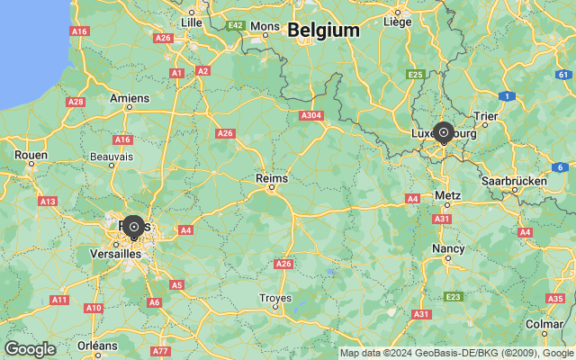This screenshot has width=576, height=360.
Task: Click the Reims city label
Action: pyautogui.click(x=272, y=179)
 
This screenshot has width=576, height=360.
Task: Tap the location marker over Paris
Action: pyautogui.click(x=134, y=227)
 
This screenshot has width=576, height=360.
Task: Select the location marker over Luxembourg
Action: pyautogui.click(x=443, y=132)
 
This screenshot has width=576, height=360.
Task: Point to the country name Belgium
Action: pyautogui.click(x=323, y=30)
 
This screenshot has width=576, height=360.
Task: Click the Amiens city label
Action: pyautogui.click(x=130, y=98)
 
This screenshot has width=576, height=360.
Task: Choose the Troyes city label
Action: pyautogui.click(x=274, y=298)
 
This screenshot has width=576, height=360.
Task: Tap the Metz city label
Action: pyautogui.click(x=447, y=195)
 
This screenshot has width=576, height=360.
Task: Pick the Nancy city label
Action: pyautogui.click(x=448, y=247)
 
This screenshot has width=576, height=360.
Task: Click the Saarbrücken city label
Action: pyautogui.click(x=514, y=181)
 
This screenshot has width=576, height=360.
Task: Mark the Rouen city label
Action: pyautogui.click(x=31, y=155)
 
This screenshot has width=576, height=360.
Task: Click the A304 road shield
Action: pyautogui.click(x=311, y=115)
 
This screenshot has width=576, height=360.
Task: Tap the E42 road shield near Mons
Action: pyautogui.click(x=237, y=25)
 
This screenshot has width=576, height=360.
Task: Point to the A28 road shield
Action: pyautogui.click(x=76, y=102)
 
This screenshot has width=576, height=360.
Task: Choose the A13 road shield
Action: pyautogui.click(x=48, y=201)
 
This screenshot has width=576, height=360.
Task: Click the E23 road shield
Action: pyautogui.click(x=454, y=296)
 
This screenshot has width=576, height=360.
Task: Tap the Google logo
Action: pyautogui.click(x=30, y=349)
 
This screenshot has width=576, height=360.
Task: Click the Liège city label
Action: pyautogui.click(x=397, y=21)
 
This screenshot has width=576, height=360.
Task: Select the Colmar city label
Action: pyautogui.click(x=544, y=323)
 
